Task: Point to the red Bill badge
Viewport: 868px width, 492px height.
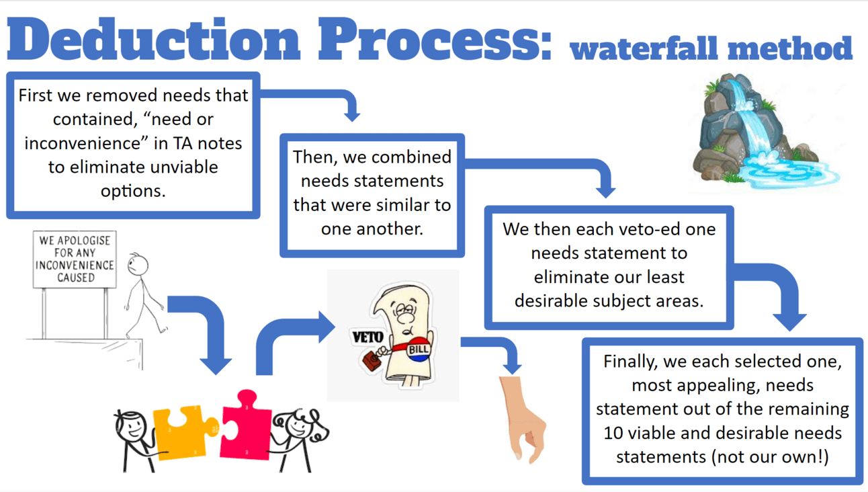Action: coord(418,350)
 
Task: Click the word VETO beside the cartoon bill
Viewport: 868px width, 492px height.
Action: coord(367,337)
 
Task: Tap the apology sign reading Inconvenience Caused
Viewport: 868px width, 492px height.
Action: coord(75,259)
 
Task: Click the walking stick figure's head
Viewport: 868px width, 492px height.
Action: coord(138,264)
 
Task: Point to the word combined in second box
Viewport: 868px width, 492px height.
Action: coord(411,157)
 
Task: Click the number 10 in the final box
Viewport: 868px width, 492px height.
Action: coord(613,433)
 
